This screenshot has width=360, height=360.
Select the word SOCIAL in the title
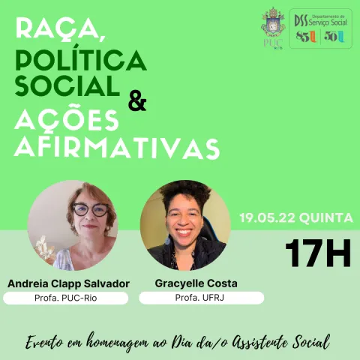pyautogui.click(x=67, y=85)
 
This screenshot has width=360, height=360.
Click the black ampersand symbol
pyautogui.click(x=137, y=100)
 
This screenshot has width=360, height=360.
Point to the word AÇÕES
pyautogui.click(x=67, y=119)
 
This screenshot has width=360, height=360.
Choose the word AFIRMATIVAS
pyautogui.click(x=117, y=146)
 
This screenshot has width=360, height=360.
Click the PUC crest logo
pyautogui.click(x=273, y=24)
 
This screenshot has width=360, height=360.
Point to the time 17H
pyautogui.click(x=318, y=254)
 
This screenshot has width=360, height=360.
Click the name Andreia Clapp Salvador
pyautogui.click(x=68, y=283)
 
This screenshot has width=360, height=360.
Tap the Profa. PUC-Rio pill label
pyautogui.click(x=67, y=298)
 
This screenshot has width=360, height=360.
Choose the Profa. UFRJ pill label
pyautogui.click(x=201, y=298)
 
